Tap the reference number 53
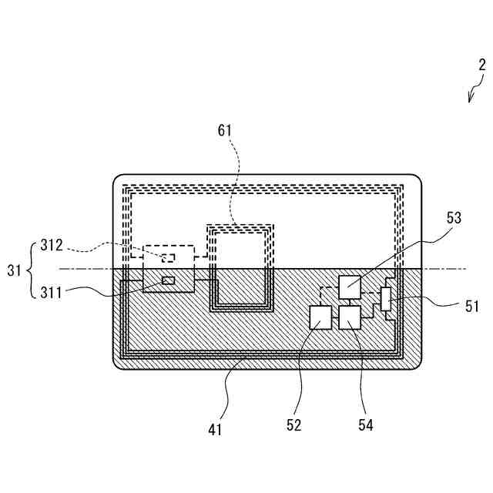pos(453,218)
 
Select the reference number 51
pos(471,306)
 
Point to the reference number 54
pos(365,424)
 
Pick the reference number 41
pos(215,430)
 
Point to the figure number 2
pos(481,66)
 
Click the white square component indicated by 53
pos(349,287)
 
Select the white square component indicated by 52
pos(320,317)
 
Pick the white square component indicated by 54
pos(350,317)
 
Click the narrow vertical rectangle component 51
pos(386,298)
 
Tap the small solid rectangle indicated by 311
pos(169,280)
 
